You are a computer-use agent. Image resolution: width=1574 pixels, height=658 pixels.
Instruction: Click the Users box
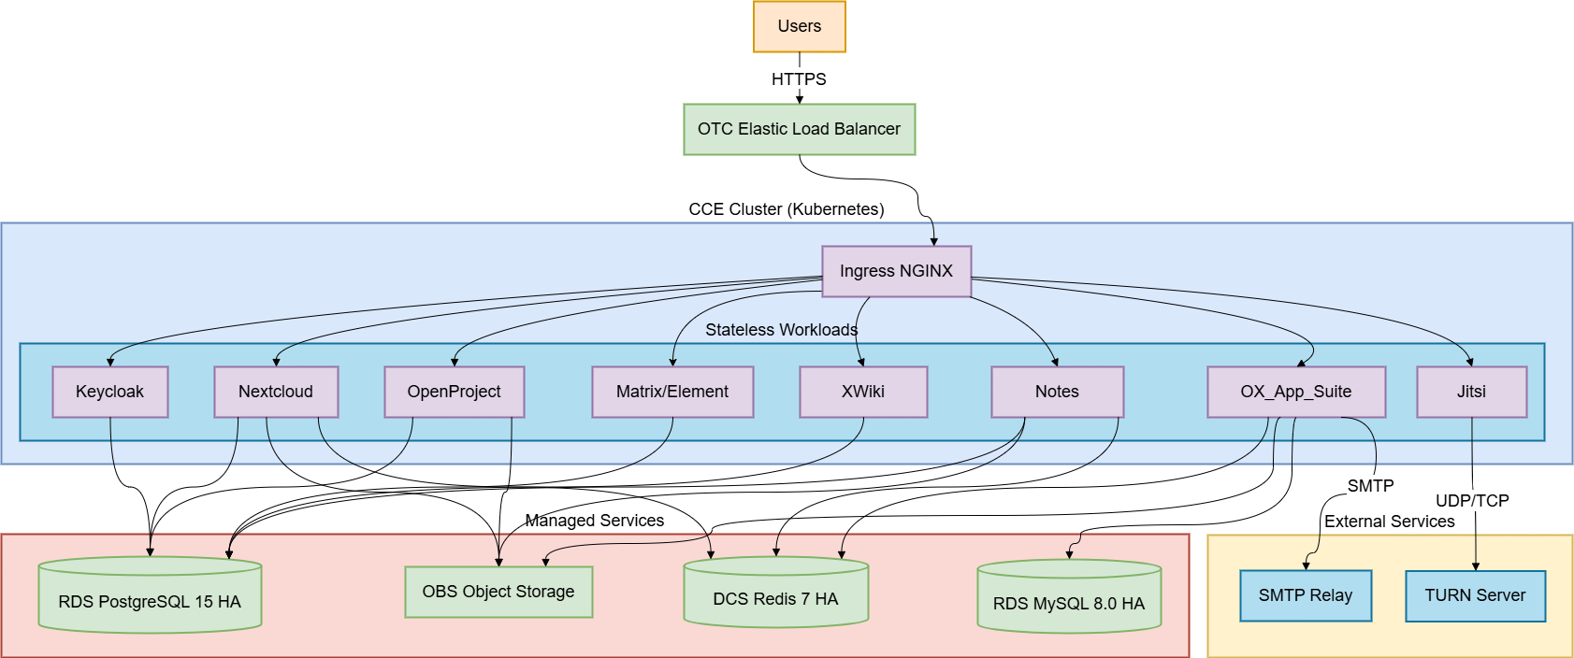tap(800, 26)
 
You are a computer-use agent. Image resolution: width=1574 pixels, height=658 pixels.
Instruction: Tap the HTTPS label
tap(800, 79)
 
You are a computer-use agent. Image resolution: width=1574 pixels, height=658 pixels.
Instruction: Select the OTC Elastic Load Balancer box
tap(800, 129)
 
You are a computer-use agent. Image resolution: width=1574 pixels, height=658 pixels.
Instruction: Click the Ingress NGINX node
tap(896, 271)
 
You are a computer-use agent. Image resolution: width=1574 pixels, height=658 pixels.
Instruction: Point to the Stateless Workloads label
tap(781, 330)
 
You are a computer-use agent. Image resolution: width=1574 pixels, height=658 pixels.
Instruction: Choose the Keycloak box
tap(109, 392)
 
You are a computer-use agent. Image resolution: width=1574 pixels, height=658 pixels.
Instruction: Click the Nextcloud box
tap(276, 392)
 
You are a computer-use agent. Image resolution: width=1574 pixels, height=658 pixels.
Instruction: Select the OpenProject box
tap(454, 392)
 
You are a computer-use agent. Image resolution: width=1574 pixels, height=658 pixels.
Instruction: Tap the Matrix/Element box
tap(672, 392)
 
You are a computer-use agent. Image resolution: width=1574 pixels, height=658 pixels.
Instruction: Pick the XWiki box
tap(863, 392)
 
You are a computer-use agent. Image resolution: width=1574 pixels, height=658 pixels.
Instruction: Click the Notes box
tap(1057, 392)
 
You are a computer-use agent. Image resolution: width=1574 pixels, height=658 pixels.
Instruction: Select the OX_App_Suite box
tap(1296, 392)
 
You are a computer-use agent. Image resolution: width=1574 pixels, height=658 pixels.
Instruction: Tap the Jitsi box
tap(1471, 392)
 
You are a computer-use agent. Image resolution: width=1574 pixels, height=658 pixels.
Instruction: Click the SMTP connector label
tap(1370, 486)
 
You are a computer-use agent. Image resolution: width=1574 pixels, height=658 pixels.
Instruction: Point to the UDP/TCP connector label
tap(1472, 501)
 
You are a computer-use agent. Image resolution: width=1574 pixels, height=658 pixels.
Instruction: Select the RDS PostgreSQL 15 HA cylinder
tap(150, 598)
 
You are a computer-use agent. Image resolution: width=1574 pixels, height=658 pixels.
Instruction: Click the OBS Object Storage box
tap(498, 592)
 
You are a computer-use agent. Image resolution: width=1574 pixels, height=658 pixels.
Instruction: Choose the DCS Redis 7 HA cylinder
tap(775, 595)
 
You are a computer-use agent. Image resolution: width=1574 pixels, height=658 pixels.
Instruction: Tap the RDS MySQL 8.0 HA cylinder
tap(1069, 600)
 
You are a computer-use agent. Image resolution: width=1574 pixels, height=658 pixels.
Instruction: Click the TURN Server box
tap(1475, 595)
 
